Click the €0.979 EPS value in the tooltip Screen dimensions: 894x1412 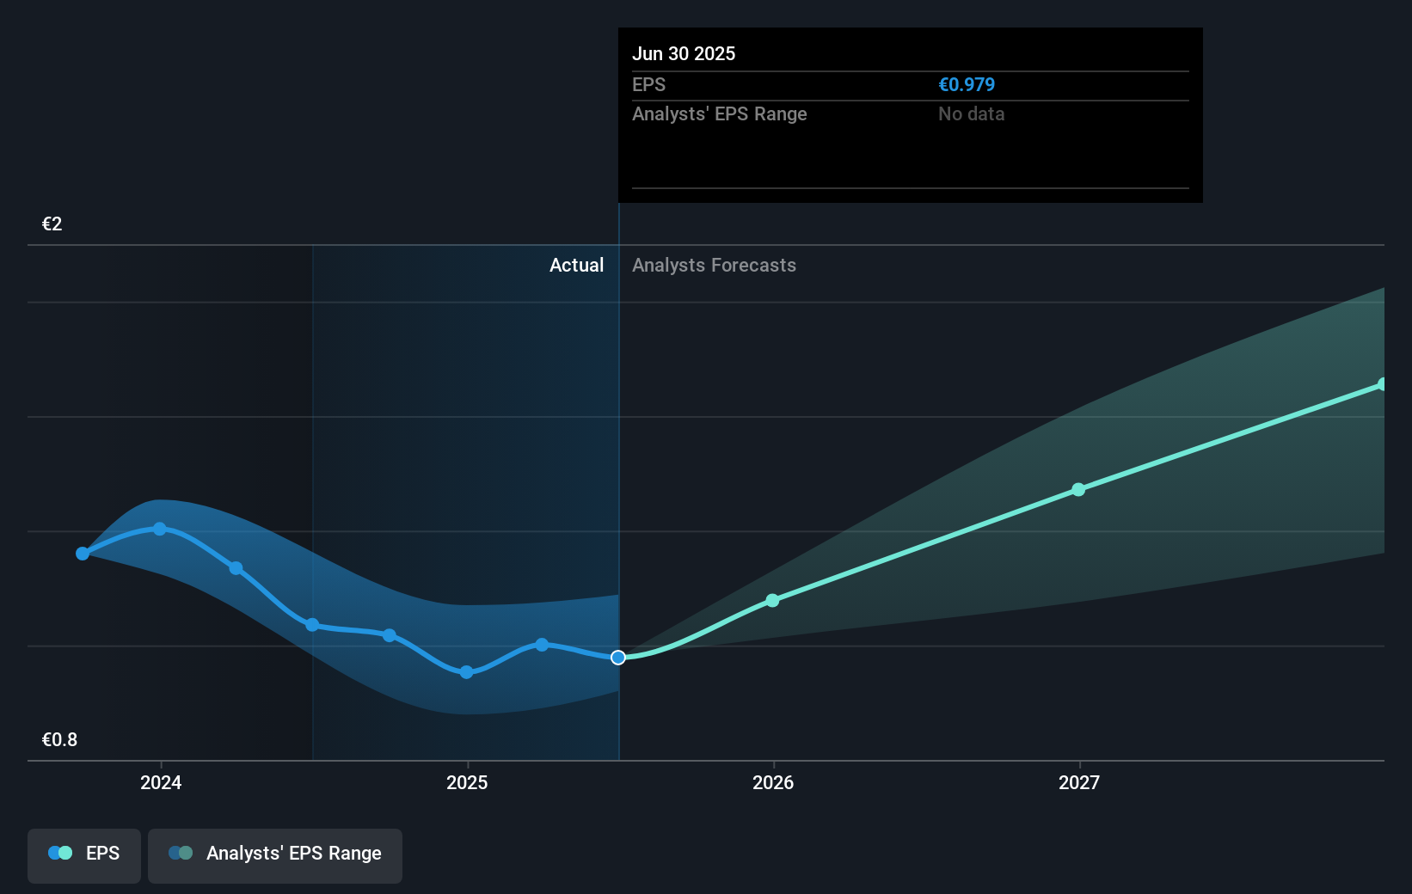(x=966, y=85)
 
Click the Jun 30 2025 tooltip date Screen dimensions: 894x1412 (x=684, y=54)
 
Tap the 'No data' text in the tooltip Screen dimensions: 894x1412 (x=971, y=114)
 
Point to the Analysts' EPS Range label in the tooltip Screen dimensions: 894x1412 (x=719, y=114)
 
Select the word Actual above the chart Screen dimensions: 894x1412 (x=576, y=266)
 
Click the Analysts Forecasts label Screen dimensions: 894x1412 (x=714, y=266)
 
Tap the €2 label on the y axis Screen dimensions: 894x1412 (x=52, y=224)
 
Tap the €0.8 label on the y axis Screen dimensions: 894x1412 (x=59, y=740)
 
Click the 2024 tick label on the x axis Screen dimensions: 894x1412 (x=161, y=782)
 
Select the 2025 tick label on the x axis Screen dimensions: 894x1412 (x=467, y=782)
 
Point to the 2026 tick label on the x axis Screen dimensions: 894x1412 (x=773, y=782)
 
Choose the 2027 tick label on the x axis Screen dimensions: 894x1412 (x=1079, y=782)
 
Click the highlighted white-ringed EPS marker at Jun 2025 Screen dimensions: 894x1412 (x=618, y=658)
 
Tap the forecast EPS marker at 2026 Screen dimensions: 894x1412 (x=772, y=600)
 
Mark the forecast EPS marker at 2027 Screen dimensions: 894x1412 (x=1078, y=489)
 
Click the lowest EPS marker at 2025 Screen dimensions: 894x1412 (x=466, y=672)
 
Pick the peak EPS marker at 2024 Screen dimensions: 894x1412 (x=160, y=529)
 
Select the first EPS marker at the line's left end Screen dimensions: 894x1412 (x=83, y=554)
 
